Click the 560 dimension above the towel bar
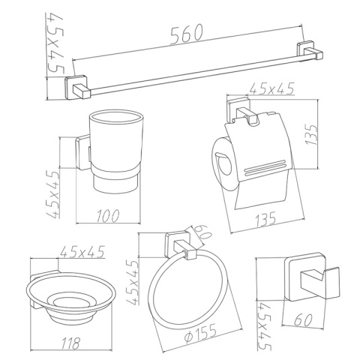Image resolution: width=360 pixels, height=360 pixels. click(187, 35)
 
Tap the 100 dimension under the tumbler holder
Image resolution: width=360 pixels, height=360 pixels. click(108, 215)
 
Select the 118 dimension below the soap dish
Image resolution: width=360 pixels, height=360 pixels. click(70, 343)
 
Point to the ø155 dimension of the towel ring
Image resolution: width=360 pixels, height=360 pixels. click(200, 334)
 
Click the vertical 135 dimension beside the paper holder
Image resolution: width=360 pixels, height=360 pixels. click(312, 135)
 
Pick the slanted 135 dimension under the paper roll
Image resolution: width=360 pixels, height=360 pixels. click(265, 220)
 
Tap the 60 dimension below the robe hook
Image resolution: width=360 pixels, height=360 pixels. click(303, 319)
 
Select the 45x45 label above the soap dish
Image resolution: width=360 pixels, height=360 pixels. click(82, 252)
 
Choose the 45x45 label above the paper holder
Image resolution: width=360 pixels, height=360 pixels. click(272, 88)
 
